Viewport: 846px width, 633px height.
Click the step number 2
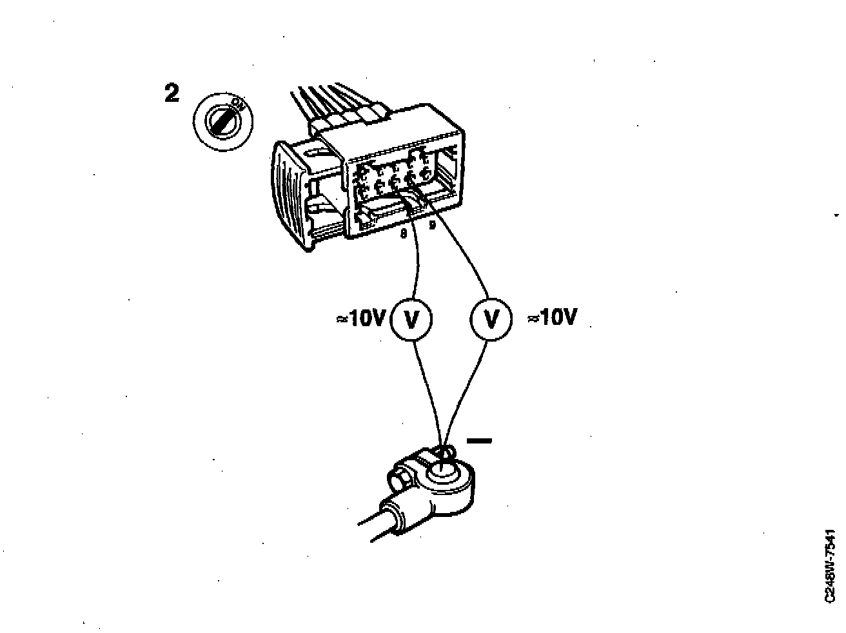[x=172, y=93]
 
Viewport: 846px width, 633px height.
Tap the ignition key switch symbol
[x=223, y=121]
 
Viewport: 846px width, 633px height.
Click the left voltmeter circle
[x=411, y=318]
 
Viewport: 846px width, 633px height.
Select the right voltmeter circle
[x=491, y=318]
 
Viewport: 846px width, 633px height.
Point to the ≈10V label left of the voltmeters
[x=361, y=318]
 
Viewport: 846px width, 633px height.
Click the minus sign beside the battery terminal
[x=478, y=441]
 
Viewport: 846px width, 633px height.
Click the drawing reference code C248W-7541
[x=830, y=567]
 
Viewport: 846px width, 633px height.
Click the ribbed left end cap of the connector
[x=288, y=193]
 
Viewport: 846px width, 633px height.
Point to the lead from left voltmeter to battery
[x=429, y=393]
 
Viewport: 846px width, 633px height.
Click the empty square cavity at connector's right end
[x=450, y=169]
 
